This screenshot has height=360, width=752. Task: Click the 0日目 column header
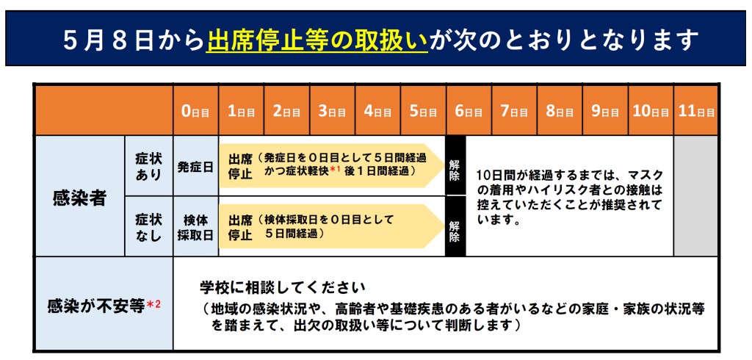[x=195, y=112]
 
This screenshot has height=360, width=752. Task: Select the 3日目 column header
[x=332, y=112]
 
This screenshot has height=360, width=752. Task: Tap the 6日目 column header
[x=469, y=112]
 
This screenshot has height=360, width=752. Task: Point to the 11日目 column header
[x=696, y=112]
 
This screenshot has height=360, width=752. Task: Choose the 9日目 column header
[x=605, y=112]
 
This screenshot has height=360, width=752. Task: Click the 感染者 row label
[x=79, y=198]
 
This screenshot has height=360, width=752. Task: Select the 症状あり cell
[x=148, y=166]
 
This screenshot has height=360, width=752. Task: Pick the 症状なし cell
[x=148, y=226]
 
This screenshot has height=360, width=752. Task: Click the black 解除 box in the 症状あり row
[x=455, y=165]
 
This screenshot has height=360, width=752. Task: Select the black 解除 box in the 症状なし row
[x=455, y=226]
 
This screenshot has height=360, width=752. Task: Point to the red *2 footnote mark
[x=153, y=304]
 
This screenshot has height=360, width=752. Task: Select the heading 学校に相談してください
[x=283, y=289]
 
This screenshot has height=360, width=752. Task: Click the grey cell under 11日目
[x=696, y=196]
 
